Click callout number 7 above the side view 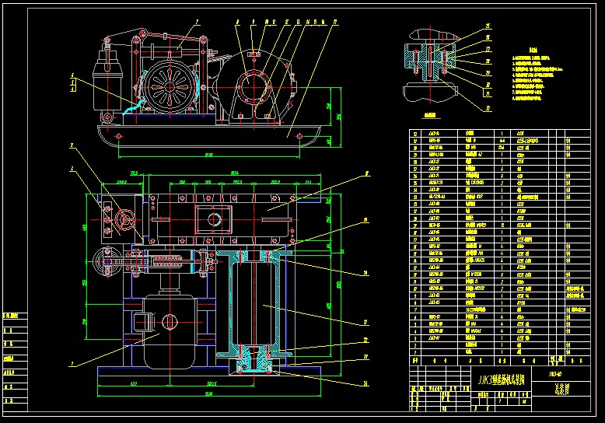[198, 23]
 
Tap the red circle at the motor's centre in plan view [170, 320]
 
